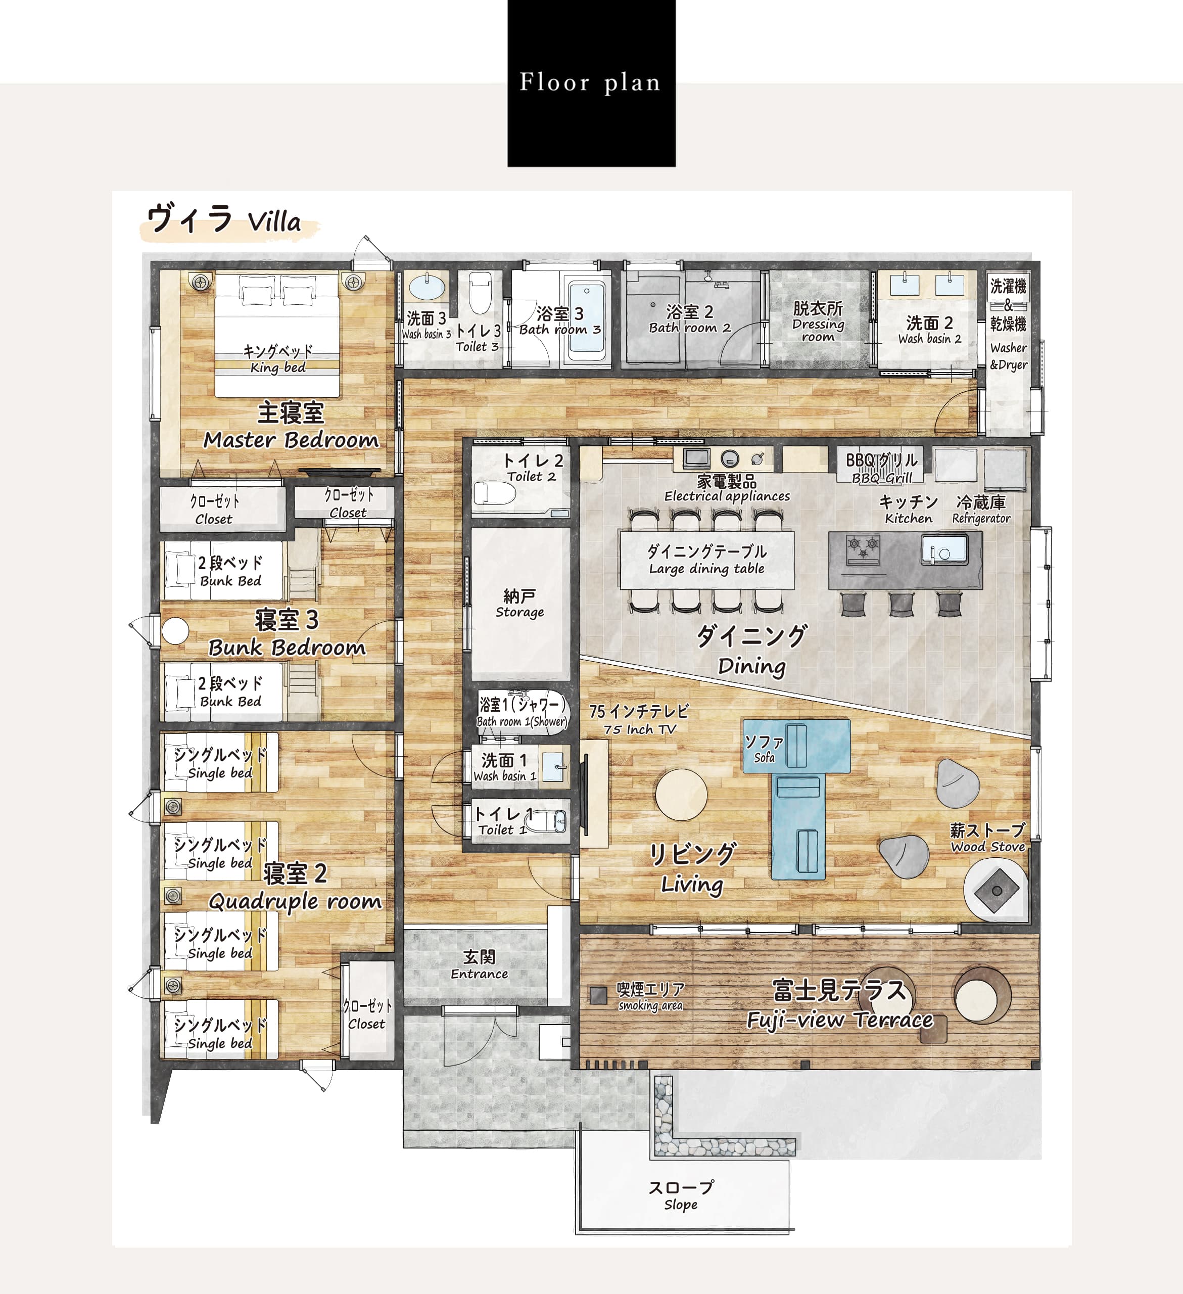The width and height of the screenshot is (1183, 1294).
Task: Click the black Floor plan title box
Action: point(591,83)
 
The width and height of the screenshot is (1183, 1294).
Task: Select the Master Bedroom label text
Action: point(291,440)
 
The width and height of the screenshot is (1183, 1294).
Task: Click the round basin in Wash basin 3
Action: point(427,287)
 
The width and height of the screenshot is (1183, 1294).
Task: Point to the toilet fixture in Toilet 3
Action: point(480,292)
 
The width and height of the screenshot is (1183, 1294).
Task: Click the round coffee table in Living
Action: point(681,795)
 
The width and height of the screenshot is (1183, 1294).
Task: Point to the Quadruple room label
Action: point(295,901)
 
